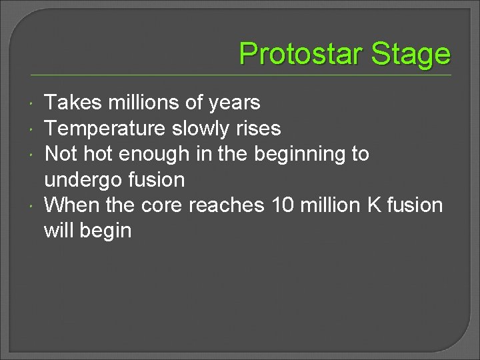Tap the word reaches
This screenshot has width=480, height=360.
[x=227, y=205]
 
